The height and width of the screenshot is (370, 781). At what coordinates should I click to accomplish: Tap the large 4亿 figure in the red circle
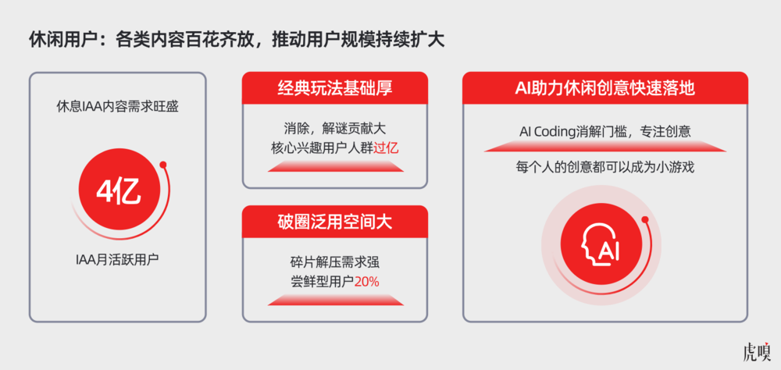pyautogui.click(x=118, y=192)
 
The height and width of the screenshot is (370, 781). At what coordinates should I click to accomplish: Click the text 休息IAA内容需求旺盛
pyautogui.click(x=118, y=106)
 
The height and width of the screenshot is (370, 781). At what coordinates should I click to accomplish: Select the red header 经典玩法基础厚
pyautogui.click(x=334, y=88)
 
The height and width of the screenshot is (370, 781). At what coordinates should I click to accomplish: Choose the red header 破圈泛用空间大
pyautogui.click(x=334, y=222)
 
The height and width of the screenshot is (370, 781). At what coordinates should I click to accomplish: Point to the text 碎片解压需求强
pyautogui.click(x=334, y=262)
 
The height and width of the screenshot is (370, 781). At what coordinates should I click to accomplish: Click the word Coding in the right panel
pyautogui.click(x=560, y=130)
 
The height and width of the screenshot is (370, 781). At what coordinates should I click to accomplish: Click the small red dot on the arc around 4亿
pyautogui.click(x=162, y=165)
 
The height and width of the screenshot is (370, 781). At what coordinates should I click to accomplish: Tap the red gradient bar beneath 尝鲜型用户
pyautogui.click(x=334, y=299)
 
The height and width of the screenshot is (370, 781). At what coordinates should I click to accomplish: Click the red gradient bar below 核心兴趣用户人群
pyautogui.click(x=334, y=165)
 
